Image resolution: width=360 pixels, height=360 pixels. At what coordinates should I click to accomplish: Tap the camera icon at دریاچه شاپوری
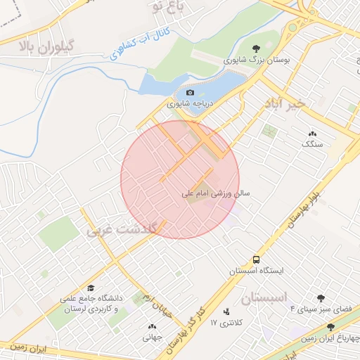(x=189, y=93)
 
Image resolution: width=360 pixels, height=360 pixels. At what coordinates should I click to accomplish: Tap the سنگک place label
(x=311, y=143)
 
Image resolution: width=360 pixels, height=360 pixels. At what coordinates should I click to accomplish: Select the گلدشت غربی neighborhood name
(x=124, y=229)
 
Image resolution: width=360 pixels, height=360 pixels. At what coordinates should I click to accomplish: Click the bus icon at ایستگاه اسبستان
(x=257, y=259)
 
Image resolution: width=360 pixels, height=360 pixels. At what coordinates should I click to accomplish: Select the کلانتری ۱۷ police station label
(x=232, y=323)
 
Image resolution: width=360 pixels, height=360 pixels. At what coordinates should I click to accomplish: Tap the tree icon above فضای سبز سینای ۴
(x=321, y=298)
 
